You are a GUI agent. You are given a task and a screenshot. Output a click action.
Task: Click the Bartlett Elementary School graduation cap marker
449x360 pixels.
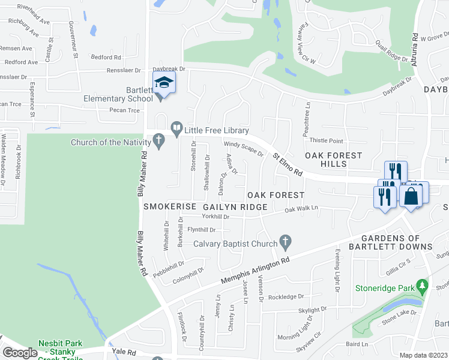pos(163,83)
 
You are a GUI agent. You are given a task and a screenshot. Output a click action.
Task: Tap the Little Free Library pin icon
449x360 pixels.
pos(176,127)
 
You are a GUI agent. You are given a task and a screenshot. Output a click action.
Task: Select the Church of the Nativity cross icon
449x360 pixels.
pos(158,142)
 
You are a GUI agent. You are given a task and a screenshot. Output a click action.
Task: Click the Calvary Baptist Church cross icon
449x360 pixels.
pos(286,243)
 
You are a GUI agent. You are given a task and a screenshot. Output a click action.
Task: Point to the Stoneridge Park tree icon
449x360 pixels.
pos(423,284)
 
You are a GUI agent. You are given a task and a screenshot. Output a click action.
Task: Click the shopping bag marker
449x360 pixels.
pos(411,196)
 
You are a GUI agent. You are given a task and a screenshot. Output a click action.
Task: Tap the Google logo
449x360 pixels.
pos(20,353)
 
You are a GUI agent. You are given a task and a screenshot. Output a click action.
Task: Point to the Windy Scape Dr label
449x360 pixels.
pos(244,148)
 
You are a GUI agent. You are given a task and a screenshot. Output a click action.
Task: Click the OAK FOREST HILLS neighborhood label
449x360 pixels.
pos(334,160)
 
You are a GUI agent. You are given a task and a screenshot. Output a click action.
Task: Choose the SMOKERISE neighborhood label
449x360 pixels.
pos(170,206)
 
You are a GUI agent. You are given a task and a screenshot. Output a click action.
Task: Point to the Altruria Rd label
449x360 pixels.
pos(415,44)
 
